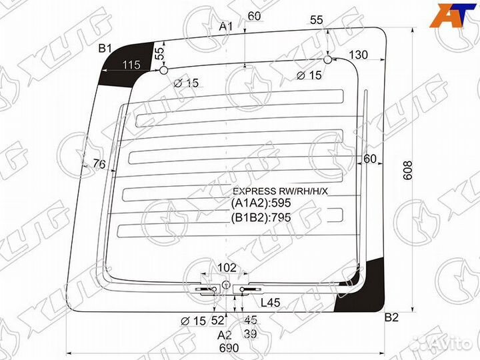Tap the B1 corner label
coord(105,48)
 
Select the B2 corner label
coord(391,318)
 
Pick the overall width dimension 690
coord(229,348)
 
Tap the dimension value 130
coord(359,55)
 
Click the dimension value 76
coord(99,163)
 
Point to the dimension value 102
coord(227,267)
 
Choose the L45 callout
coord(270,303)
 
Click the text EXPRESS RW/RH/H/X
coord(279,191)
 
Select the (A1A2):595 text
coord(262,204)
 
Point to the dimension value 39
coord(251,334)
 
